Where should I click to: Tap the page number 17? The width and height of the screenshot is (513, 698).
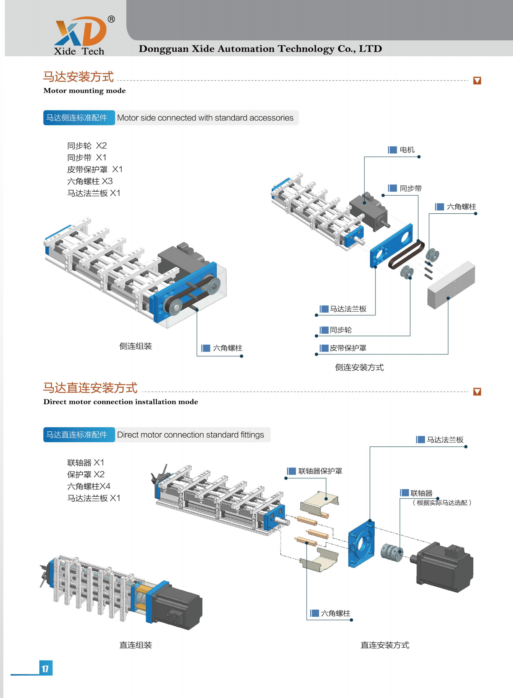(x=45, y=668)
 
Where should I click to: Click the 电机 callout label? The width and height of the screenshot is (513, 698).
(x=407, y=150)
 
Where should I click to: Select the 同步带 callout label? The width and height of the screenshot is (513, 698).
(x=410, y=188)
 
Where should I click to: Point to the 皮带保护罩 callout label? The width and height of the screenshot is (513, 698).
(x=348, y=348)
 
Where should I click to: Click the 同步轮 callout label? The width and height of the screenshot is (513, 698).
(x=340, y=330)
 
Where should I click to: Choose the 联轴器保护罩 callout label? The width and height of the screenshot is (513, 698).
(x=320, y=471)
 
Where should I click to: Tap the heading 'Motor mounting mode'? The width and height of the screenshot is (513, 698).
(x=85, y=91)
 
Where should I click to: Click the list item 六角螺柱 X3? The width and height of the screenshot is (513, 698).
(x=90, y=181)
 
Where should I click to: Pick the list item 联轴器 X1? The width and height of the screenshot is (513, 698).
(x=85, y=463)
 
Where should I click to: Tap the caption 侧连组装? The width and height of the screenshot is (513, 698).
(x=136, y=346)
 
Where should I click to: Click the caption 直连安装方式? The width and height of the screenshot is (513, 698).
(x=385, y=645)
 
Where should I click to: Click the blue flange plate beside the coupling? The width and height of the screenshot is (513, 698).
(x=361, y=544)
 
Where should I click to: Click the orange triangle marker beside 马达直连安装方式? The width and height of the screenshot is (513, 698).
(x=477, y=392)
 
